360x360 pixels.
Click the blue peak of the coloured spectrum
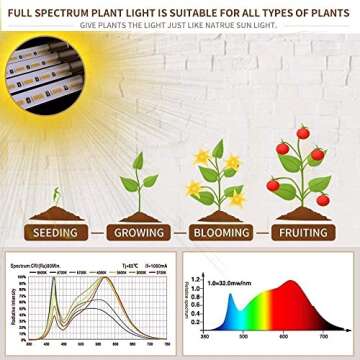point(232,301)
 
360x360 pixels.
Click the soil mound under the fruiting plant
point(305,211)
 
